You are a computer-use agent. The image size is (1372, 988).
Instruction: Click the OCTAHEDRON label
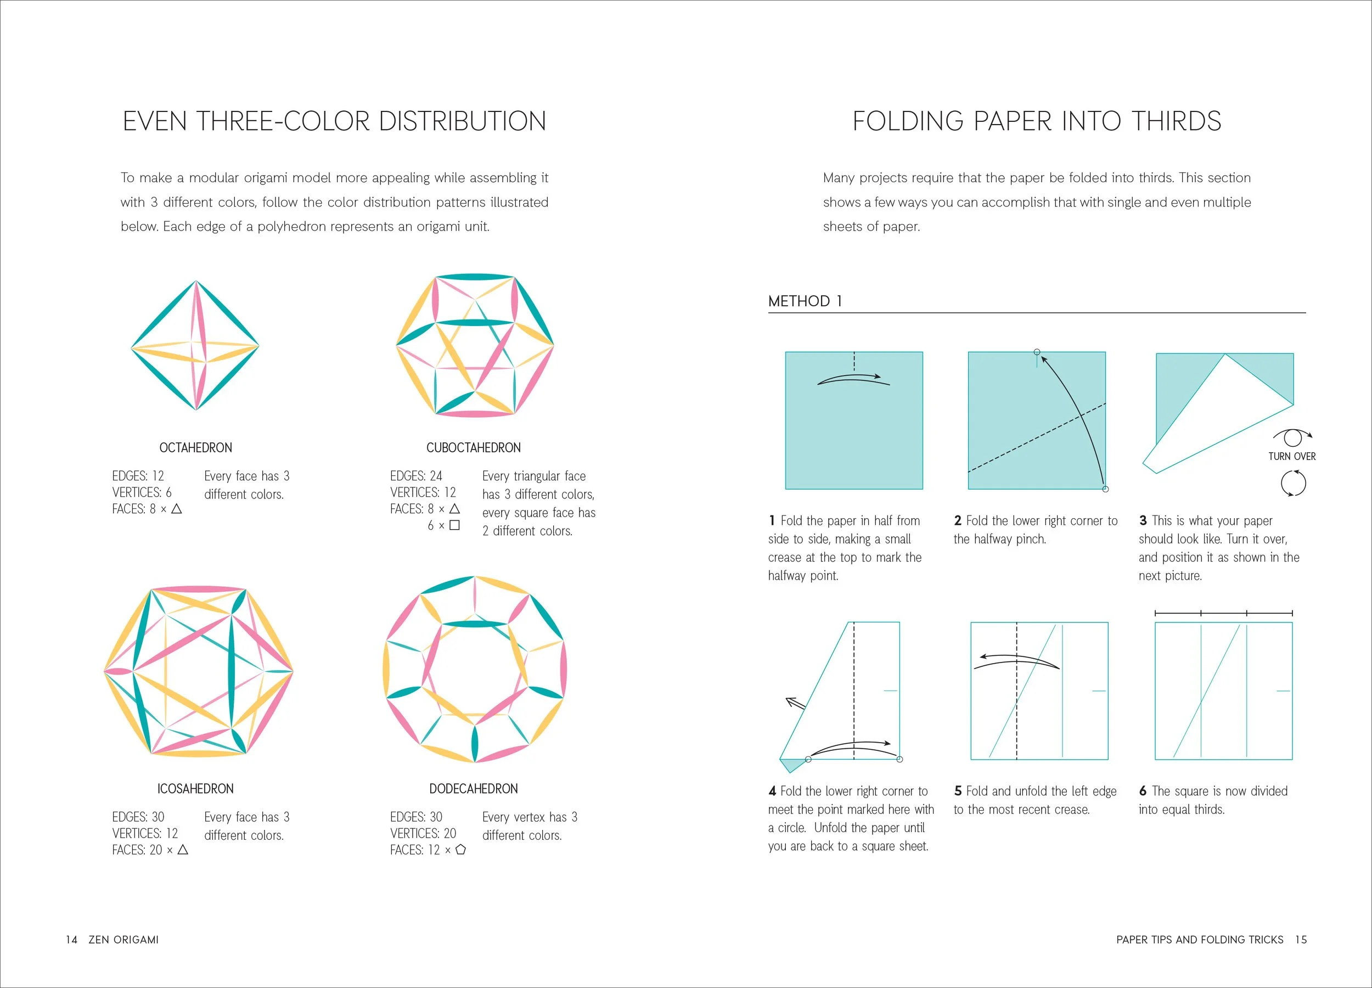pyautogui.click(x=195, y=448)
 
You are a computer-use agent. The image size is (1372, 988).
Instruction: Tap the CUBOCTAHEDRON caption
pyautogui.click(x=473, y=448)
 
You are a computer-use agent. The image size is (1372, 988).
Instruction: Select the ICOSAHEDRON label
pyautogui.click(x=195, y=789)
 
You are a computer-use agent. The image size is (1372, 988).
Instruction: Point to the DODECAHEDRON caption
pyautogui.click(x=473, y=789)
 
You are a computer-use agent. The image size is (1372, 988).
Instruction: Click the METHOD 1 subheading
pyautogui.click(x=805, y=301)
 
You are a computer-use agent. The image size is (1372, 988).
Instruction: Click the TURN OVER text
pyautogui.click(x=1291, y=456)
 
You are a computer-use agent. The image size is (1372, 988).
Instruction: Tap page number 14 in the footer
pyautogui.click(x=71, y=940)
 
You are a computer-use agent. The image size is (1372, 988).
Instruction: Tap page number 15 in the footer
pyautogui.click(x=1301, y=940)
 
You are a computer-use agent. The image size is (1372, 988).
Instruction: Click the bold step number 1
pyautogui.click(x=772, y=521)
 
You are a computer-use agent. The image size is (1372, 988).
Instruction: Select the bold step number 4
pyautogui.click(x=773, y=791)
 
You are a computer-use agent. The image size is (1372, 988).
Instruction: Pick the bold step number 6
pyautogui.click(x=1143, y=791)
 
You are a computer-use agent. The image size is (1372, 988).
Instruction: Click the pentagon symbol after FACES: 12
pyautogui.click(x=460, y=850)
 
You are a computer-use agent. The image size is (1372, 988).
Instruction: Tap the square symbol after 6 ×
pyautogui.click(x=454, y=525)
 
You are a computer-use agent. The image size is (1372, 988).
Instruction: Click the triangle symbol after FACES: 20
pyautogui.click(x=183, y=850)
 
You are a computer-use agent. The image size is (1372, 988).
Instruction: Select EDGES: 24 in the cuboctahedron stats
pyautogui.click(x=416, y=476)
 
